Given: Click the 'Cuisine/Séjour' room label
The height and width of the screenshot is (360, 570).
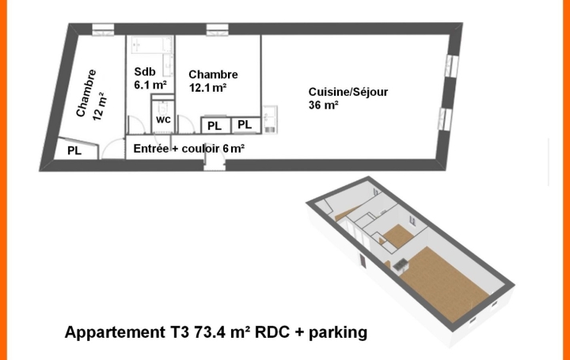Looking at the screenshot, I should pyautogui.click(x=348, y=92).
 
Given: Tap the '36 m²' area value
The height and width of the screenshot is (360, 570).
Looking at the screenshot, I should pyautogui.click(x=324, y=105).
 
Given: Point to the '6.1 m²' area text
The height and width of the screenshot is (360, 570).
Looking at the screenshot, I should pyautogui.click(x=150, y=85).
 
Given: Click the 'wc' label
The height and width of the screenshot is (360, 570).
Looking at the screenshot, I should pyautogui.click(x=163, y=119).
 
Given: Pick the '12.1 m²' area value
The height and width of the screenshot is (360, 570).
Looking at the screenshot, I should pyautogui.click(x=207, y=88).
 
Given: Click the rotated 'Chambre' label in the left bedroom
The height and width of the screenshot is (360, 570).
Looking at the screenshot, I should pyautogui.click(x=86, y=93).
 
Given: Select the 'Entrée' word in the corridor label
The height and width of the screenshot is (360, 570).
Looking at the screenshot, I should pyautogui.click(x=150, y=148).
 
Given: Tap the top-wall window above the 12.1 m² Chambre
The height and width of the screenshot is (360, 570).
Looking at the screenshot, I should pyautogui.click(x=216, y=30).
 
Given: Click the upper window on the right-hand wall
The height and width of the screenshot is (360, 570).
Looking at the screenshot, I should pyautogui.click(x=452, y=66).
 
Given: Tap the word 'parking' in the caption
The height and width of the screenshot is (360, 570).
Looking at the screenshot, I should pyautogui.click(x=338, y=332).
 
